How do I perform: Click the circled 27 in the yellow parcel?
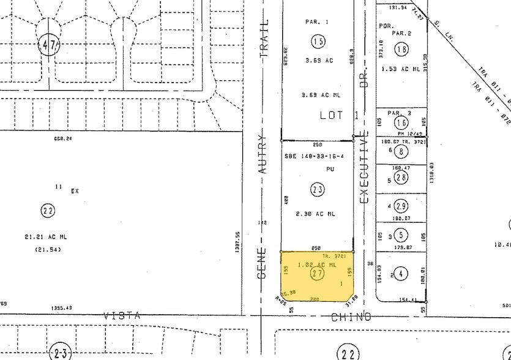pyautogui.click(x=317, y=274)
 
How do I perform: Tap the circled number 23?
pyautogui.click(x=317, y=190)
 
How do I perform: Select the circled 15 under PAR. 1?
pyautogui.click(x=318, y=42)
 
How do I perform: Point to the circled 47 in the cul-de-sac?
pyautogui.click(x=50, y=44)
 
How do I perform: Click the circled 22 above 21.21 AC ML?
pyautogui.click(x=48, y=211)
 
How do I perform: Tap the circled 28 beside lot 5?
pyautogui.click(x=401, y=178)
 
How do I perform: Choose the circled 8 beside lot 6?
pyautogui.click(x=401, y=151)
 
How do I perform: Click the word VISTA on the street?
pyautogui.click(x=121, y=316)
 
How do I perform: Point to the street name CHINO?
pyautogui.click(x=351, y=317)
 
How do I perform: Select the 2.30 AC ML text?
pyautogui.click(x=316, y=213)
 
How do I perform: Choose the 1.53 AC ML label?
pyautogui.click(x=400, y=69)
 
